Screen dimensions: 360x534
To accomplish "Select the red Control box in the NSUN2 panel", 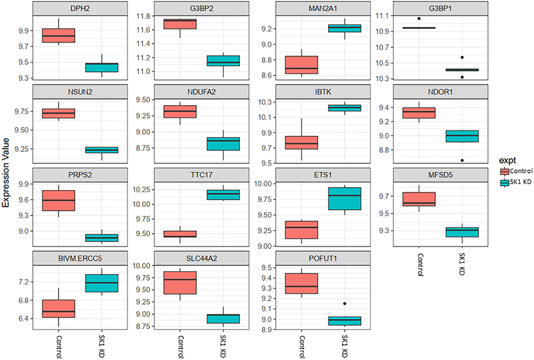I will (59, 113).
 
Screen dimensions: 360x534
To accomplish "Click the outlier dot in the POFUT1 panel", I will (345, 303).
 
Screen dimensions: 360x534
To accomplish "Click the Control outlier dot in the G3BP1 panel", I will (419, 19).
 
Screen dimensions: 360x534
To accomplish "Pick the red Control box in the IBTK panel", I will (303, 143).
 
